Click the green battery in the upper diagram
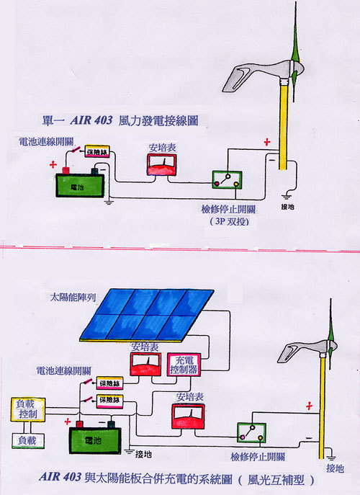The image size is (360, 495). point(80,185)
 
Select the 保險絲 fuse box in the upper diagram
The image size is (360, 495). point(97,151)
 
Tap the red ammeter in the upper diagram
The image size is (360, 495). point(161,164)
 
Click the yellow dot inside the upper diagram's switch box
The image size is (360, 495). point(235,184)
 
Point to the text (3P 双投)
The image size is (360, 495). point(230,221)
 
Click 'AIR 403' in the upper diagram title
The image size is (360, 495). point(91,120)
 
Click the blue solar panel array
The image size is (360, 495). point(147,315)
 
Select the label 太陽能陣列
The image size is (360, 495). point(73,298)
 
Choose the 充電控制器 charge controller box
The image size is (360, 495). point(184,365)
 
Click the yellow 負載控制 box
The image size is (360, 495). point(28,409)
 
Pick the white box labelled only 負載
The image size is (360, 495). point(28,441)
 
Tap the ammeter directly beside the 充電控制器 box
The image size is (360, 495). point(145,364)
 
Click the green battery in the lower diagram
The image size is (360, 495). point(95,440)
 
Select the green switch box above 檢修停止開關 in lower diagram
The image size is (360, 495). point(251,433)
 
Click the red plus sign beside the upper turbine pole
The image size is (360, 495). point(267,142)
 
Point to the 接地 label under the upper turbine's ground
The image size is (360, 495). point(287,207)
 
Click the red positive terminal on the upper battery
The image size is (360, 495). point(66,171)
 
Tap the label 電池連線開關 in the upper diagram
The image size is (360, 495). point(46,142)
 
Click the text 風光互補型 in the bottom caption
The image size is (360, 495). point(276,480)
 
